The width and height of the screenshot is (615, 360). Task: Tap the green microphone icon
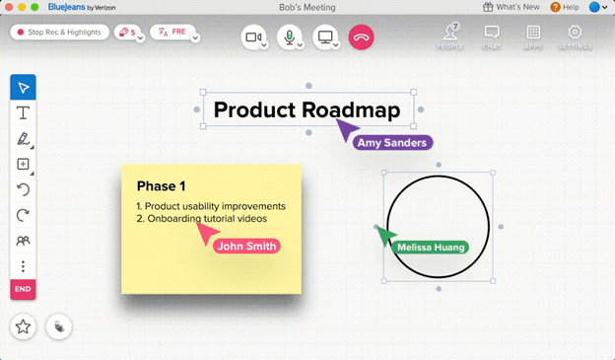point(289,36)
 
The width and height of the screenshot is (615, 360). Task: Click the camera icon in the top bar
point(253,36)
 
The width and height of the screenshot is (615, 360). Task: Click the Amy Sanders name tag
point(393,143)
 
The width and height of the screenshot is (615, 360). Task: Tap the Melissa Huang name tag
point(431,248)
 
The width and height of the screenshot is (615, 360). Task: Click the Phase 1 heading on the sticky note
point(161,185)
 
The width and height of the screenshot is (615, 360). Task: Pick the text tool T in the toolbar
point(23,113)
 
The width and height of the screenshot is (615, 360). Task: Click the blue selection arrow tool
point(23,88)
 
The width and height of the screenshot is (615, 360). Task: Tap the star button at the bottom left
point(23,326)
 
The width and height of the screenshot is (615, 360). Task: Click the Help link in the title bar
point(565,7)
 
